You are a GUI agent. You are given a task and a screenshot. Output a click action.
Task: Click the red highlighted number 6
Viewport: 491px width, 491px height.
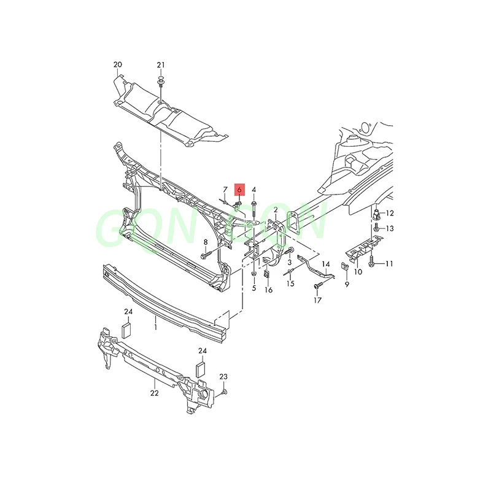point(239,190)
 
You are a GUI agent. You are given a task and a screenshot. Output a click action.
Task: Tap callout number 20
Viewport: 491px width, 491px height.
point(118,65)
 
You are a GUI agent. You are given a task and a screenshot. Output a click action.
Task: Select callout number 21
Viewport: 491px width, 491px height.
point(161,65)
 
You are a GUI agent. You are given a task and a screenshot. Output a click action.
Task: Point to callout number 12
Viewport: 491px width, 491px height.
point(390,214)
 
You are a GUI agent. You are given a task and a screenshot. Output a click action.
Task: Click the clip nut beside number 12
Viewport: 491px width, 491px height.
point(376,215)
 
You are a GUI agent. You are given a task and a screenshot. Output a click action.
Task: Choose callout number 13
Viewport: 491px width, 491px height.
point(390,228)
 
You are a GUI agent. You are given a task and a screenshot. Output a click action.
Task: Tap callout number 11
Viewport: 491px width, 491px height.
point(390,263)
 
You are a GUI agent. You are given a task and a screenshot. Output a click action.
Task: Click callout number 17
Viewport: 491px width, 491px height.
point(317,301)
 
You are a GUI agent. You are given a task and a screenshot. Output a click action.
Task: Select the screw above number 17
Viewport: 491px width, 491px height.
point(318,287)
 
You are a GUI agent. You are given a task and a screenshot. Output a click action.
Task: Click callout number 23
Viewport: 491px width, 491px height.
point(223,376)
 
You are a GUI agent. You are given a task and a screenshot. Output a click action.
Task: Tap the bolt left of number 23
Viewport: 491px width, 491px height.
point(225,390)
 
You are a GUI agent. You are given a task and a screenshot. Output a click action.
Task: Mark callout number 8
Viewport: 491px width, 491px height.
point(206,242)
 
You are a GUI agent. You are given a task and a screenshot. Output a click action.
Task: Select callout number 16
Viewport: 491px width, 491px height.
point(268,290)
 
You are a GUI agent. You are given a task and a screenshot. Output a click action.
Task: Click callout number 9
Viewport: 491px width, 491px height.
point(347,285)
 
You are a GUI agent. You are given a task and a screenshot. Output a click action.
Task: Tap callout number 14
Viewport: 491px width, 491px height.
point(325,263)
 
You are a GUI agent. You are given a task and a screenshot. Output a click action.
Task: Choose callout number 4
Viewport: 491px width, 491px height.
point(254,190)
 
